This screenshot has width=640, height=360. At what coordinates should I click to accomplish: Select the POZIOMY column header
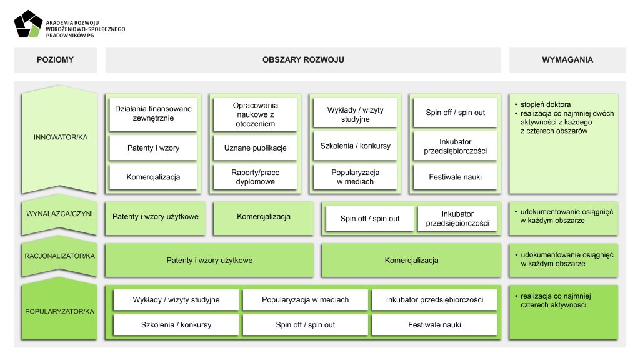click(55, 60)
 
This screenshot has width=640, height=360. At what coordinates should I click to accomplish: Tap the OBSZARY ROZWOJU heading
click(303, 60)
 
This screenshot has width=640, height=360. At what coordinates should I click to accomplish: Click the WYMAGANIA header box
click(567, 60)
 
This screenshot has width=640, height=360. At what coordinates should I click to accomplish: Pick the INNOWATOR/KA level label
click(61, 137)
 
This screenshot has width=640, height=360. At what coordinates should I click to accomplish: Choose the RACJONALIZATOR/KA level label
click(60, 256)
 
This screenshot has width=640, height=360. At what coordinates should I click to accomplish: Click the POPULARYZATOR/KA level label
click(60, 311)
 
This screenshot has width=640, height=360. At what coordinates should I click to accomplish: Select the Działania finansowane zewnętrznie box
click(154, 113)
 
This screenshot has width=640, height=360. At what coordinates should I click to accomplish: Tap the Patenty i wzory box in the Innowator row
click(154, 148)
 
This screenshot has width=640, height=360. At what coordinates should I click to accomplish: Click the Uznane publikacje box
click(255, 148)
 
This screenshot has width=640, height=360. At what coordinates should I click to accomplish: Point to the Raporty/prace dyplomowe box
click(255, 177)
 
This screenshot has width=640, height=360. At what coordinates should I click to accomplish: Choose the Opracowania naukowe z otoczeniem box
click(255, 114)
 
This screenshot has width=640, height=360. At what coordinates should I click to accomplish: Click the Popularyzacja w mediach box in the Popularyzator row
click(306, 300)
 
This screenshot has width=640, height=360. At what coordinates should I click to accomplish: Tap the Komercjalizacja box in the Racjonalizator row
click(411, 260)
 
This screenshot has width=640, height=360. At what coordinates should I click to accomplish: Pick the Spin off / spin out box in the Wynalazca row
click(370, 219)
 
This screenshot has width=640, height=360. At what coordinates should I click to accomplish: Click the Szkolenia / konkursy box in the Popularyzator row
click(176, 325)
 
